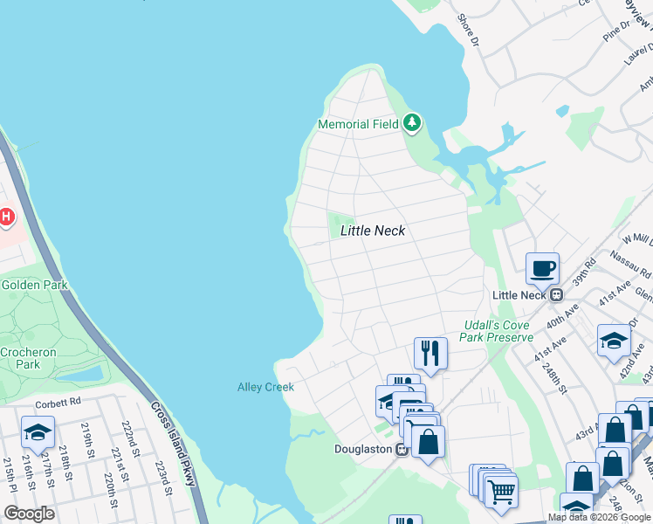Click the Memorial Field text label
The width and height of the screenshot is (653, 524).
358,125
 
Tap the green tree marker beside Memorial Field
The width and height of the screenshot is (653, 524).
412,124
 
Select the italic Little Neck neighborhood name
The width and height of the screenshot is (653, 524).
373,231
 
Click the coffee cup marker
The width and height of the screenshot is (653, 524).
542,268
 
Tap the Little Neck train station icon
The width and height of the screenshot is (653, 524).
555,295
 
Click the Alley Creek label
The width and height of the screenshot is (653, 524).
265,387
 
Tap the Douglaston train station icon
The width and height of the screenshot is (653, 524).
401,450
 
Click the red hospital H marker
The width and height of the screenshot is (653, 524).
5,216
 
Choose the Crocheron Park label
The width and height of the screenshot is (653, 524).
21,356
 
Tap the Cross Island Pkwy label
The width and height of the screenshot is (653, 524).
173,445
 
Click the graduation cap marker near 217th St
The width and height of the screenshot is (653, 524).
38,432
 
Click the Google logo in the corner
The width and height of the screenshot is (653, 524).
30,514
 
